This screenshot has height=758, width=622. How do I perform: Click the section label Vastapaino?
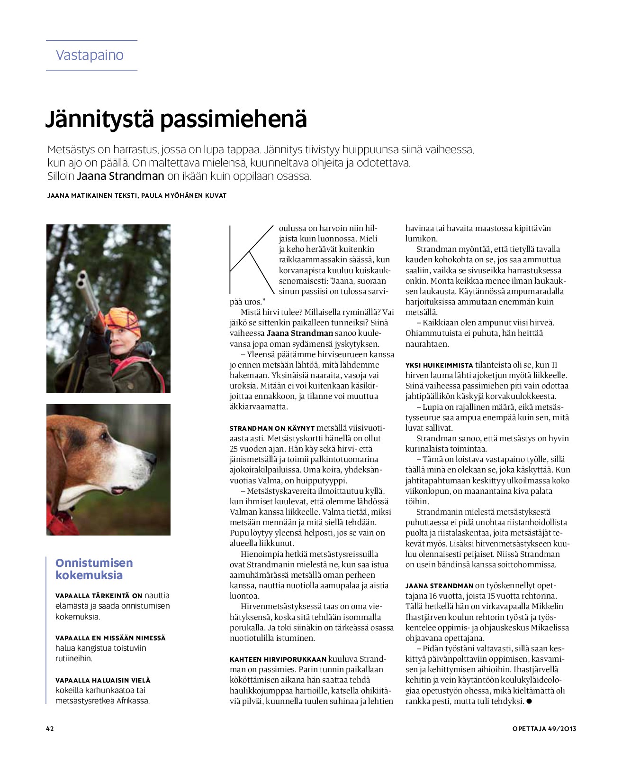coord(90,55)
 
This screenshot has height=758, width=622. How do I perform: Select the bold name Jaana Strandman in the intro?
coord(120,176)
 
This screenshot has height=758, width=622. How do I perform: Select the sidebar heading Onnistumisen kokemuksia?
coord(94,569)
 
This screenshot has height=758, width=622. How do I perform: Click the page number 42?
coord(50,729)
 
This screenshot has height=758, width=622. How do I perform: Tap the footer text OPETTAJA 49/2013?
coord(544,729)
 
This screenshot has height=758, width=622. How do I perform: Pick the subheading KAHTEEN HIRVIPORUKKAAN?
coord(278,659)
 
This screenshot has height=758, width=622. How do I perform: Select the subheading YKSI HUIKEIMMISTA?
coord(439,365)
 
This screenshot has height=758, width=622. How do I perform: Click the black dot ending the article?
coord(529,701)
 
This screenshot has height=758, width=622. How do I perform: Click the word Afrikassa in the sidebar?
coord(132,701)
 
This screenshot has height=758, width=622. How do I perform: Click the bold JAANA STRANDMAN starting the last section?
coord(439,586)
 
